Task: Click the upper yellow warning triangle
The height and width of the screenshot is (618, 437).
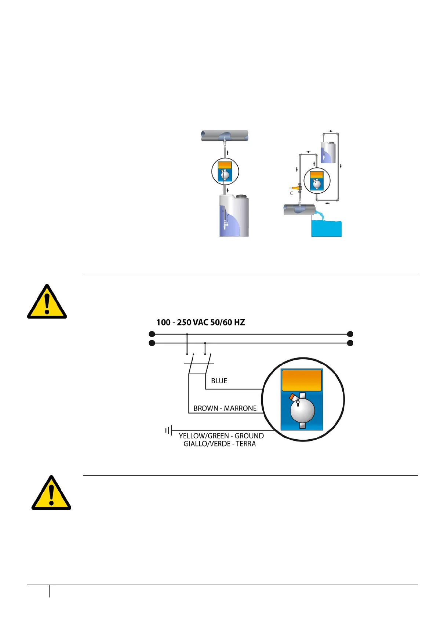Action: tap(47, 302)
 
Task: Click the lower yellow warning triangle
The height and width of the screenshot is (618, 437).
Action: tap(51, 493)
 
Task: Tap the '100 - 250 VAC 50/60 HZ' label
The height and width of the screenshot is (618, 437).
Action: tap(201, 323)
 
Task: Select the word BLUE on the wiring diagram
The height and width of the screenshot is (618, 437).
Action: tap(219, 381)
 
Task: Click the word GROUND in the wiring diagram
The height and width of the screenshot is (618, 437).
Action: tap(249, 436)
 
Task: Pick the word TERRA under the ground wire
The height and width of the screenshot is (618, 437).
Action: tap(245, 444)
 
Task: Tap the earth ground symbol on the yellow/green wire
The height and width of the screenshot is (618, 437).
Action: tap(168, 430)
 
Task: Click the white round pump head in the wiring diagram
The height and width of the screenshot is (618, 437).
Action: tap(302, 410)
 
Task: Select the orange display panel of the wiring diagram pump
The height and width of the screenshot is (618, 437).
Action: tap(302, 380)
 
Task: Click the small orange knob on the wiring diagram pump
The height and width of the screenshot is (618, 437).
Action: tap(293, 397)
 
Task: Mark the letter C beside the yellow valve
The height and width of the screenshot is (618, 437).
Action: tap(291, 193)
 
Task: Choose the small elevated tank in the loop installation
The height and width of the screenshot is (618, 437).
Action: tap(328, 152)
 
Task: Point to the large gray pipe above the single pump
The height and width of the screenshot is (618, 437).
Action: tap(225, 136)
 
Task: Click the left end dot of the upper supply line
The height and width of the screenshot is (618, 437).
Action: tap(152, 334)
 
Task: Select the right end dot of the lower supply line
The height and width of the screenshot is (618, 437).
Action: tap(350, 343)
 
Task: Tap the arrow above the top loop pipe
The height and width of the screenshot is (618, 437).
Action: tap(331, 131)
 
